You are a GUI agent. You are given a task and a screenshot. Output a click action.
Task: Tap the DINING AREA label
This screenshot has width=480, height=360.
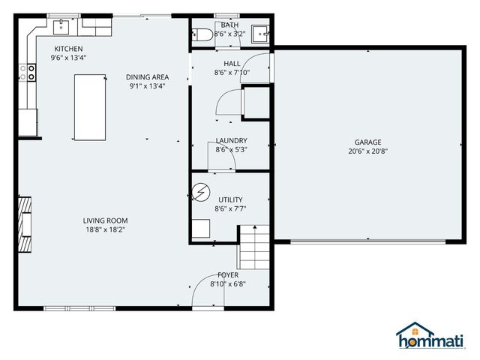[x=147, y=76]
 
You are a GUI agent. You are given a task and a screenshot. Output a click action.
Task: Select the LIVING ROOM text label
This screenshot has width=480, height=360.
[x=105, y=220]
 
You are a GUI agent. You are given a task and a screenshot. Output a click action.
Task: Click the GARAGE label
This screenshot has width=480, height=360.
[x=368, y=142]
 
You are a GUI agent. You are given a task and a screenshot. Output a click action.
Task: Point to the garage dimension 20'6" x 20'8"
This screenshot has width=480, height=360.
[x=368, y=151]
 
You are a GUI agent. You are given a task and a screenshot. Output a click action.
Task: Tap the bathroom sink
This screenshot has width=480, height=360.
[x=259, y=32]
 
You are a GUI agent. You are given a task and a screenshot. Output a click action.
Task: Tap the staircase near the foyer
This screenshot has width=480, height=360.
[x=253, y=247]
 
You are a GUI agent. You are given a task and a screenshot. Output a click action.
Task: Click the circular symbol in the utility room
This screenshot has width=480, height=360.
[x=200, y=195]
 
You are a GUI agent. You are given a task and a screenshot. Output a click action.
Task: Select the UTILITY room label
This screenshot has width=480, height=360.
[x=229, y=199]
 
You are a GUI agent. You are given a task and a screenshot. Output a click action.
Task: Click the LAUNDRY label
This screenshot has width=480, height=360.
[x=231, y=140]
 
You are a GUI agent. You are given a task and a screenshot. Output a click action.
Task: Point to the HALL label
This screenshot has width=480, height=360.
[x=231, y=64]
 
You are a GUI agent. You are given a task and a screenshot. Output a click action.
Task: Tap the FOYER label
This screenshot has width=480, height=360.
[x=228, y=275]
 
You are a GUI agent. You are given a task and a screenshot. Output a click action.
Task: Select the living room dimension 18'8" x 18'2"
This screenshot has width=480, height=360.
[x=105, y=229]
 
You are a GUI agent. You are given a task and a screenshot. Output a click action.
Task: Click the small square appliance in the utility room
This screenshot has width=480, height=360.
[x=200, y=229]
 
